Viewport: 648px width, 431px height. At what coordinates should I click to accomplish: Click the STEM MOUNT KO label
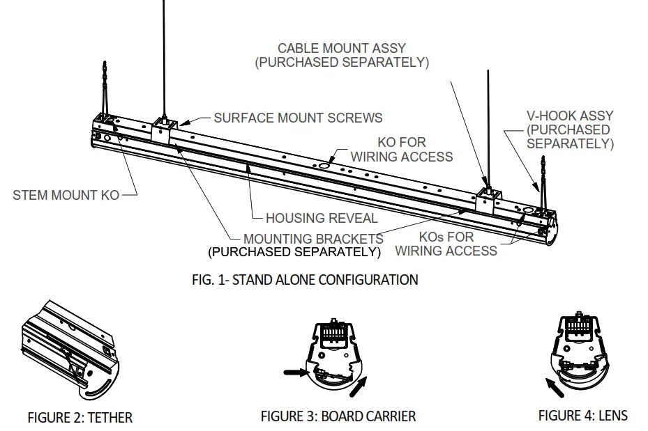pos(66,195)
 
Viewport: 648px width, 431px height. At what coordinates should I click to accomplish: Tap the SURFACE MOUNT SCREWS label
pos(298,118)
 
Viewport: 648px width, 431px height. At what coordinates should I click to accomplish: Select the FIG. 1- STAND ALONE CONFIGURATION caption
pos(305,280)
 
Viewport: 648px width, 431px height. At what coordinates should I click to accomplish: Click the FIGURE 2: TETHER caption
pos(80,418)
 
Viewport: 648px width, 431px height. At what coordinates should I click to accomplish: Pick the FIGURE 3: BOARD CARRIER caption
pos(338,416)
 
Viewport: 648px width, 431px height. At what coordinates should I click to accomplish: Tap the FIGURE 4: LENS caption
pos(582,416)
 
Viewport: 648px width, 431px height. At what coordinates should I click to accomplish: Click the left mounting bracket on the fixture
pos(163,131)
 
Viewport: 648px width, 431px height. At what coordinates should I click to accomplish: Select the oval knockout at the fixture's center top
pos(326,165)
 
